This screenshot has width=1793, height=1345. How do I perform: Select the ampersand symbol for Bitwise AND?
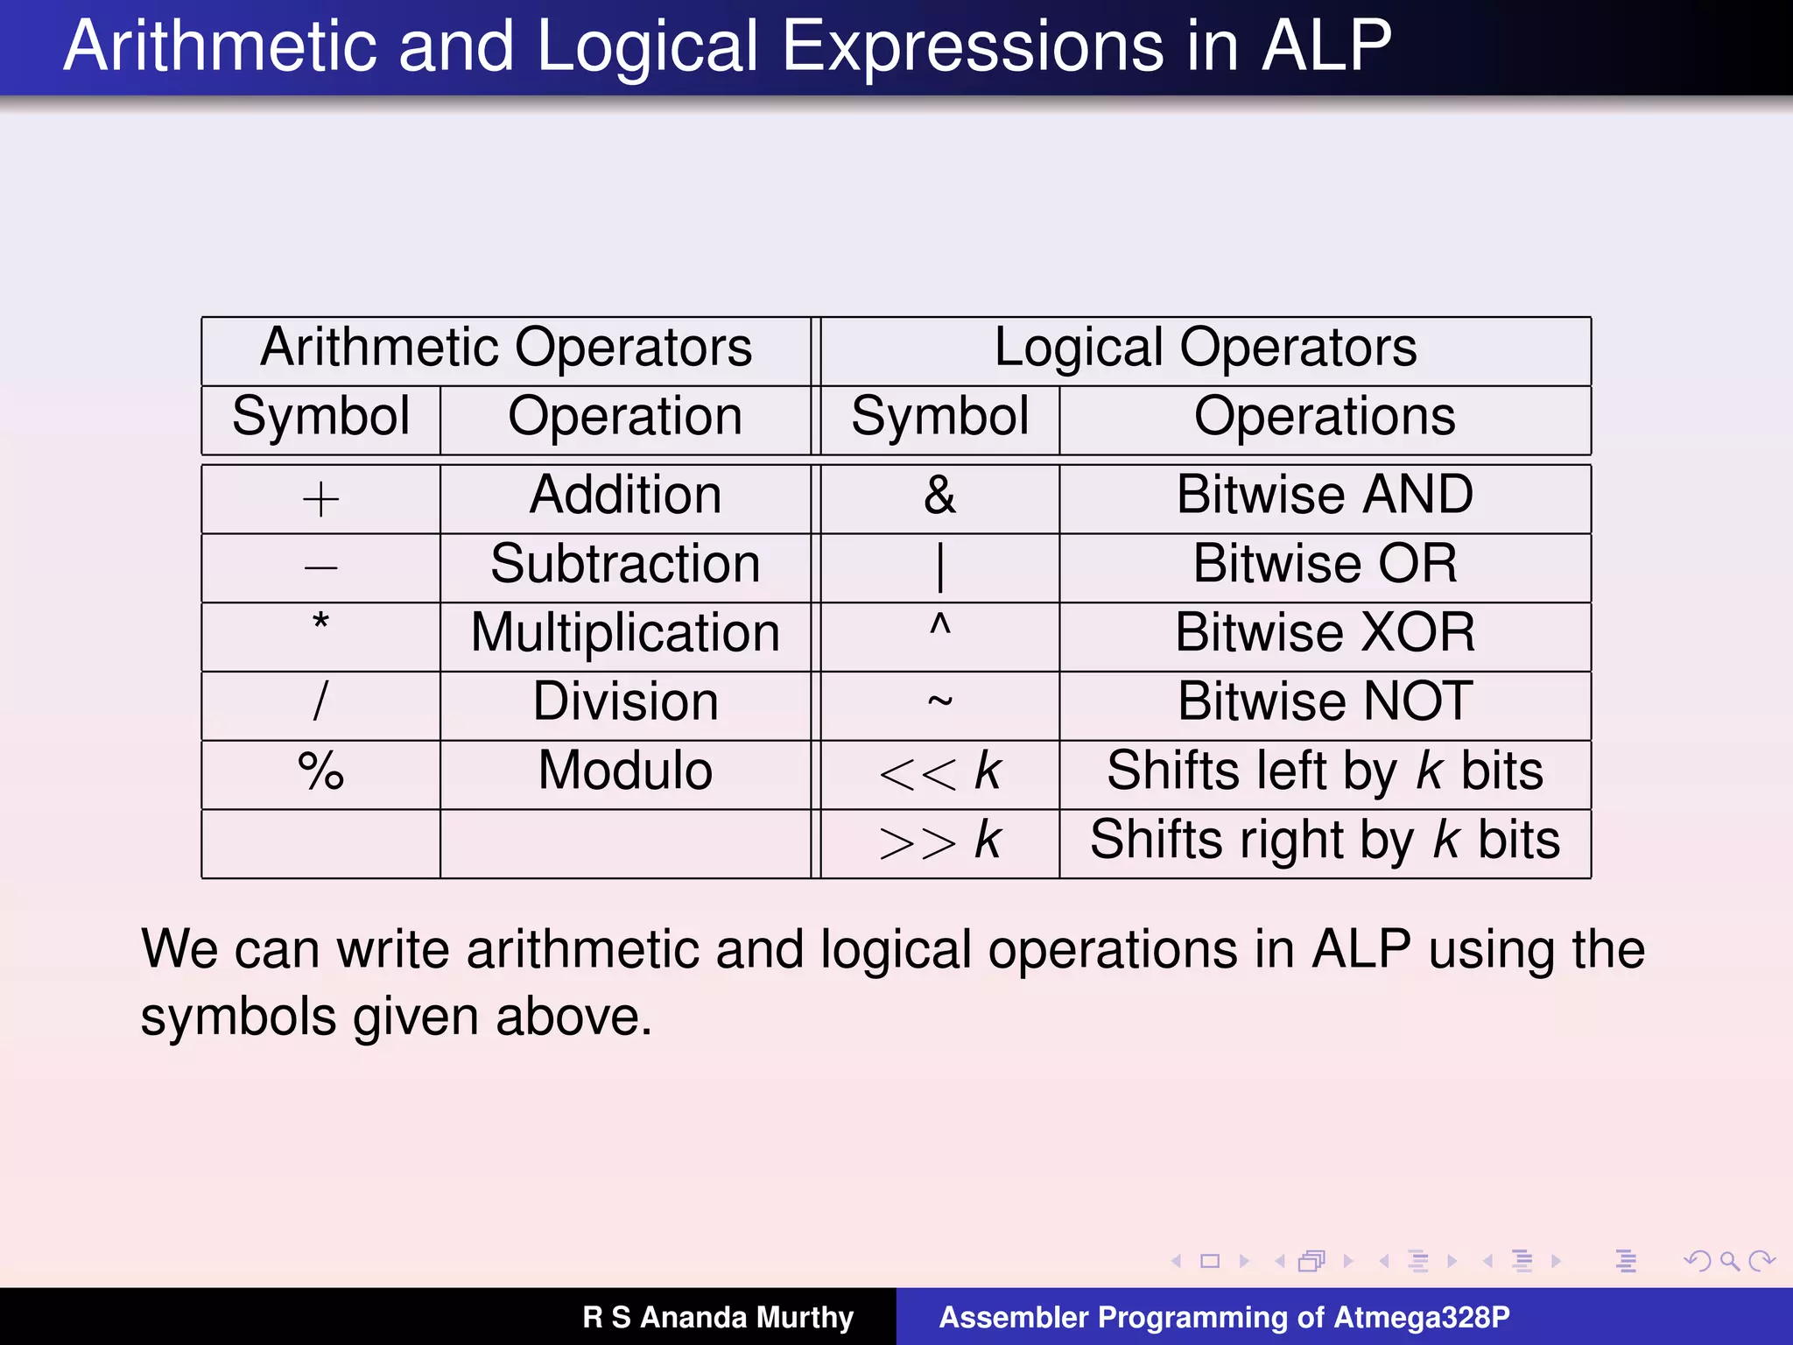click(x=939, y=495)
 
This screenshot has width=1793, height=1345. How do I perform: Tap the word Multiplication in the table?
click(x=625, y=633)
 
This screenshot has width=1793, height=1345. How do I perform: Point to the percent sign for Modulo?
click(x=320, y=771)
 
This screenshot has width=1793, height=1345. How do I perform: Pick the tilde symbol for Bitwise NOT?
click(x=939, y=701)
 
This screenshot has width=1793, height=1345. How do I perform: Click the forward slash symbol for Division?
click(x=320, y=701)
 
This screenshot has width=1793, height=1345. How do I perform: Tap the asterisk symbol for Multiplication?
click(x=320, y=623)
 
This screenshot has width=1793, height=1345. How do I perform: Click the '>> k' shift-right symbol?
click(x=939, y=842)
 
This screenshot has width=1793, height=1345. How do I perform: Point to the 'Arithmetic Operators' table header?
click(x=506, y=348)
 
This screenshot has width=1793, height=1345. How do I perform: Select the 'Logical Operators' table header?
click(x=1205, y=348)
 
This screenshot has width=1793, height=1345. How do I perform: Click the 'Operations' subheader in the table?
click(x=1324, y=416)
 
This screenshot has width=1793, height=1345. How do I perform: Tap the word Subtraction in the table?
click(x=625, y=564)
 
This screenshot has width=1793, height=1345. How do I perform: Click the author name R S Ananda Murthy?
click(x=718, y=1317)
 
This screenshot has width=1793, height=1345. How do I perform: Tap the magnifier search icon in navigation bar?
click(x=1729, y=1261)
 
